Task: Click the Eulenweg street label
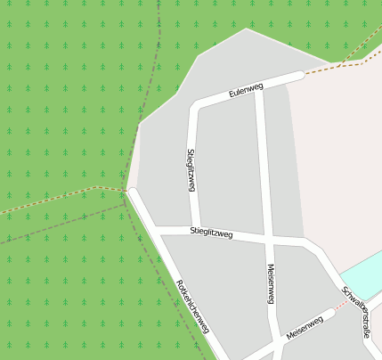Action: click(246, 90)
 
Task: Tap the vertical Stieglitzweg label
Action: click(191, 170)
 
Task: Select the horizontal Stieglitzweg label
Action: click(211, 233)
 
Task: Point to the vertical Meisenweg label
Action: click(270, 284)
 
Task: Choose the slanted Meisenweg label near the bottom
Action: click(304, 326)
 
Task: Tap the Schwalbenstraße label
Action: click(354, 312)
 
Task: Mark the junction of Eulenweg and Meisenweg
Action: click(259, 88)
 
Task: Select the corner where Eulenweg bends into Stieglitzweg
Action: click(193, 109)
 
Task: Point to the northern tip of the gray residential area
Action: click(246, 29)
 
